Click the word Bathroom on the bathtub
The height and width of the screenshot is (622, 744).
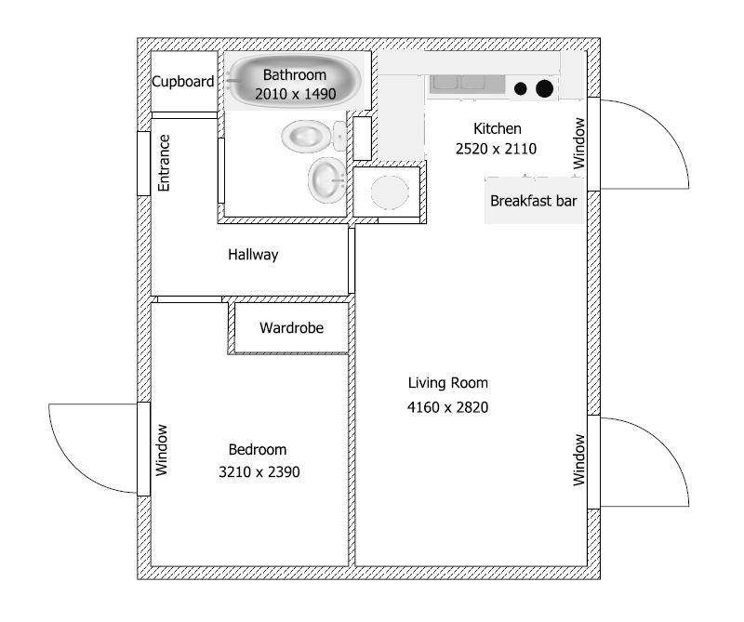click(x=295, y=74)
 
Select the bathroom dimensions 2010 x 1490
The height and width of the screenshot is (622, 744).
click(x=295, y=94)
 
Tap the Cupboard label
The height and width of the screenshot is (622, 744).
click(x=183, y=82)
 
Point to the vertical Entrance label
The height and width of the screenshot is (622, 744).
click(x=165, y=163)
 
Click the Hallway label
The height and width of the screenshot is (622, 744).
click(x=253, y=255)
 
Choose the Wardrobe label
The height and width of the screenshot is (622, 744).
click(x=291, y=327)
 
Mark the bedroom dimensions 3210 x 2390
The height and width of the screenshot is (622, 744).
click(x=259, y=471)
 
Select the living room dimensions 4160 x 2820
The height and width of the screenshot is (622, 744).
click(x=447, y=406)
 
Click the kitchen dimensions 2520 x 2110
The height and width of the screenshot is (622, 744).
click(x=497, y=148)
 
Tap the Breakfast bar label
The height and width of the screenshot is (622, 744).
click(x=535, y=201)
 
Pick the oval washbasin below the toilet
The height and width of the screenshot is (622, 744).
click(x=326, y=179)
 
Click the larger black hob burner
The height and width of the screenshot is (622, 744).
click(x=545, y=88)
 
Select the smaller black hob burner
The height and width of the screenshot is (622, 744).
click(x=521, y=89)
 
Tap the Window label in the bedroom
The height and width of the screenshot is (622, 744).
click(x=163, y=450)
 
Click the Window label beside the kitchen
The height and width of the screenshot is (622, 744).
click(x=579, y=142)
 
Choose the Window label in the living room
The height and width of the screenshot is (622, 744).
click(x=579, y=459)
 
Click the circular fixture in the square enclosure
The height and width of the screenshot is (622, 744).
click(x=390, y=192)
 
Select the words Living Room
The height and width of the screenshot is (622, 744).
click(x=447, y=383)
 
